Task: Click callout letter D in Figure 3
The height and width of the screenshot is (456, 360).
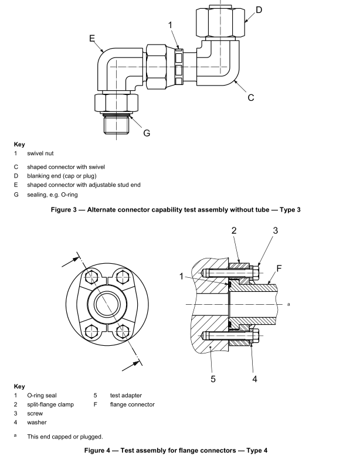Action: (x=259, y=10)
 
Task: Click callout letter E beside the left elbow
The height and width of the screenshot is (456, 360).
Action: (x=92, y=38)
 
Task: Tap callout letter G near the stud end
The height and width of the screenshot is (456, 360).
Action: (x=147, y=132)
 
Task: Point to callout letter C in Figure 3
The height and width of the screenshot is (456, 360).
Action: (x=250, y=97)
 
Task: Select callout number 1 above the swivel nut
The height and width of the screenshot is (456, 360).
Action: (x=171, y=25)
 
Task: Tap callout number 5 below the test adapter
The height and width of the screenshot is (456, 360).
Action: (x=213, y=378)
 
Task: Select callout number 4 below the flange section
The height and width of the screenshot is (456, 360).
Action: (x=254, y=378)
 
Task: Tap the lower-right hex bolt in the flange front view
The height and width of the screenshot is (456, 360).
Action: (x=124, y=331)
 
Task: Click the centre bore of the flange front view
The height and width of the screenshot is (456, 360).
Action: (x=107, y=305)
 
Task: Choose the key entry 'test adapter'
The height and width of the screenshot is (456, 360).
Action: (x=126, y=396)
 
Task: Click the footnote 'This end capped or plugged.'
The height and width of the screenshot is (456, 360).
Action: (x=66, y=436)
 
